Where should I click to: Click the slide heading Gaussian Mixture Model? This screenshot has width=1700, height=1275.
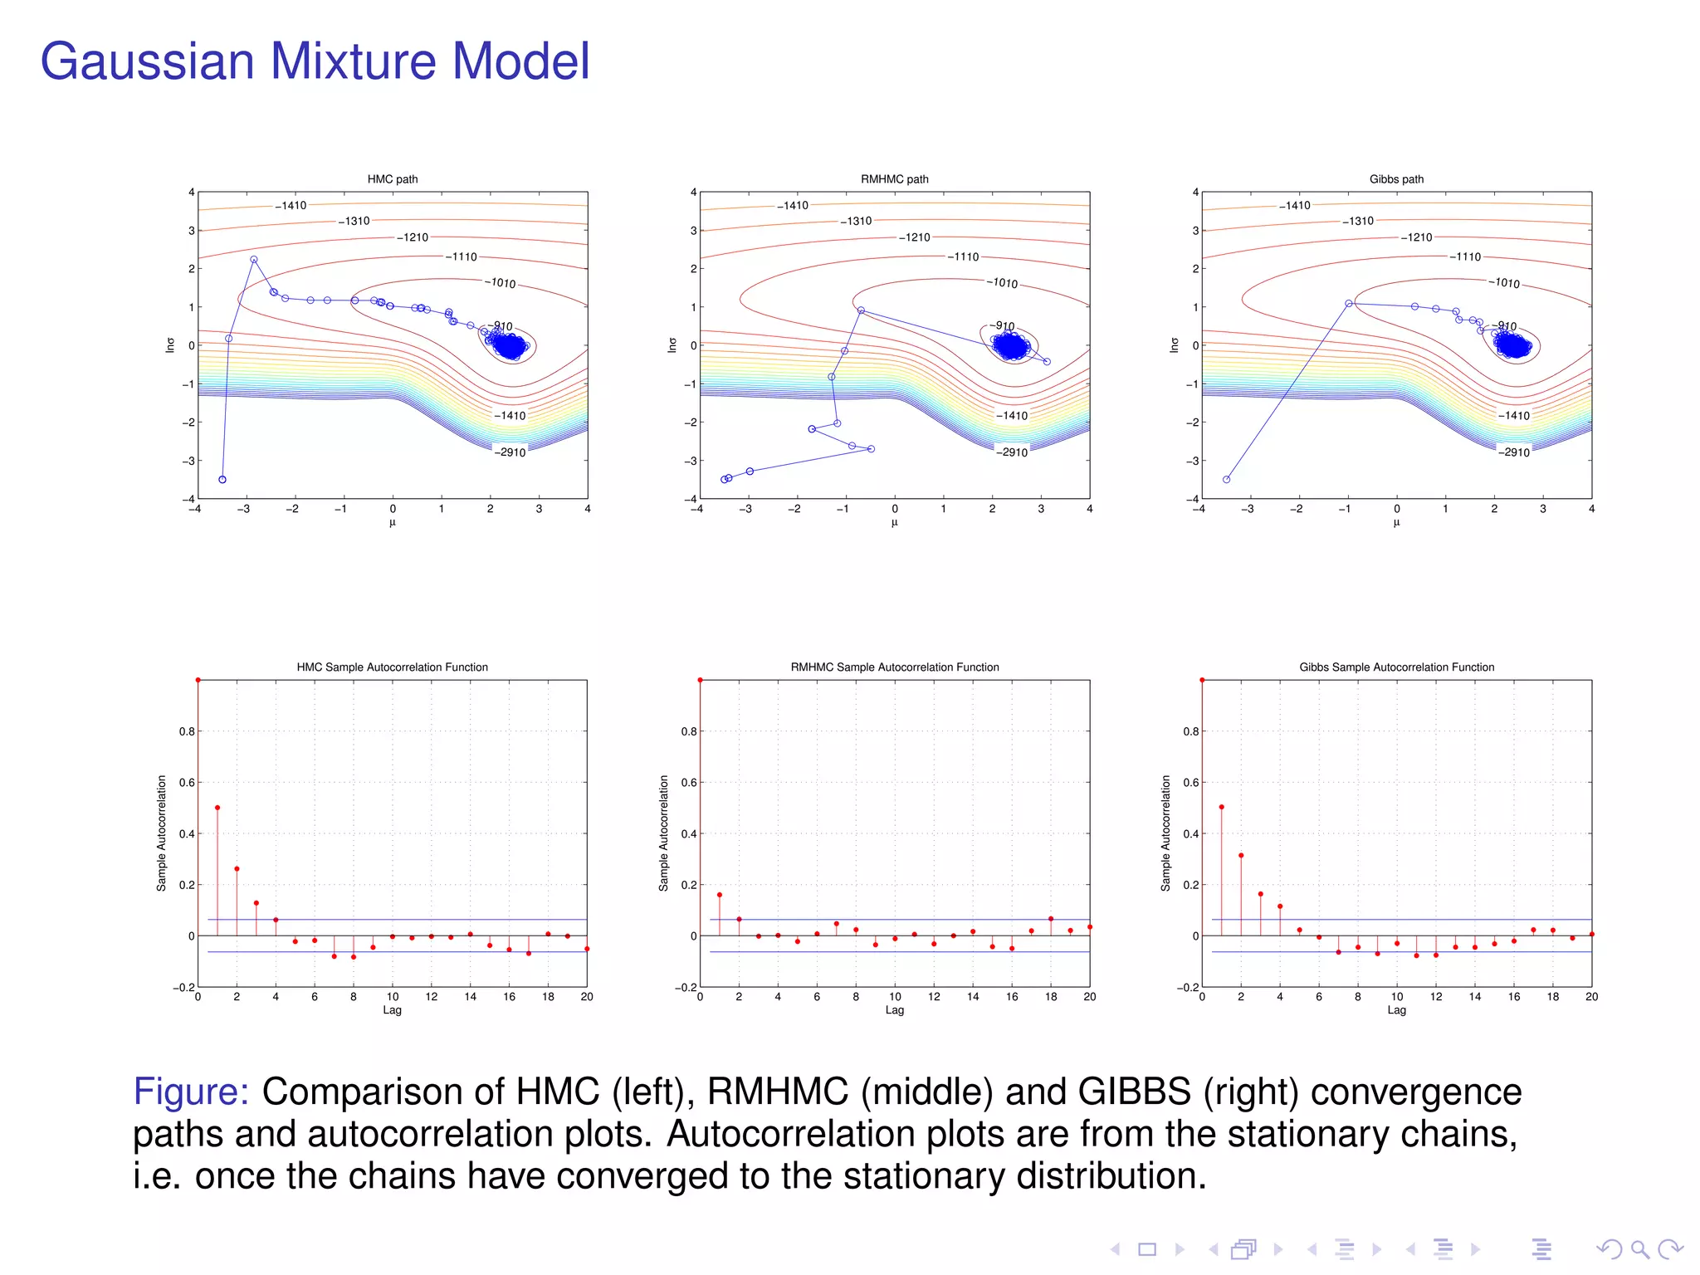(315, 61)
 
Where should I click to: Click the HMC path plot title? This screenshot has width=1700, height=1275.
(393, 179)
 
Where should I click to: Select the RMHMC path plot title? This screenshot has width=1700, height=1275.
(894, 179)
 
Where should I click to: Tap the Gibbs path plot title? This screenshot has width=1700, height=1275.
(1396, 179)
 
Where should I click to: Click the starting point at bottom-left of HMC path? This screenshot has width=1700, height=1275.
(222, 480)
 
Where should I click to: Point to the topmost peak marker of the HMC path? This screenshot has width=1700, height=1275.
(254, 260)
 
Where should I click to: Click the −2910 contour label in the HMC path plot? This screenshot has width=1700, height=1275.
(510, 452)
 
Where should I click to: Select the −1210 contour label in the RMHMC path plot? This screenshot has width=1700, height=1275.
(915, 237)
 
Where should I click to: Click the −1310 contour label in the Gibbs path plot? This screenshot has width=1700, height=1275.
(1358, 222)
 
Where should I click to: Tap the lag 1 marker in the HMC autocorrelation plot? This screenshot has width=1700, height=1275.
(217, 808)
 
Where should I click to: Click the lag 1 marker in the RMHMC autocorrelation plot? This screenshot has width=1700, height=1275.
(720, 895)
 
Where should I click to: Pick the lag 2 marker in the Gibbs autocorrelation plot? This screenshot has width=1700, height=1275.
(1241, 856)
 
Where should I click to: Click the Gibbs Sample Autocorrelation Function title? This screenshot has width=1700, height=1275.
(1396, 667)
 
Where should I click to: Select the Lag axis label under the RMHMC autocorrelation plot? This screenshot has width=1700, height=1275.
(894, 1010)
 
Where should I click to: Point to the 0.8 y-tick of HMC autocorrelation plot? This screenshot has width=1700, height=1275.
(187, 731)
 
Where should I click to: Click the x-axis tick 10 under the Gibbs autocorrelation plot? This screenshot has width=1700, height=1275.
(1397, 997)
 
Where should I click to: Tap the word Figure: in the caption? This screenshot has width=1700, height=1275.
(191, 1092)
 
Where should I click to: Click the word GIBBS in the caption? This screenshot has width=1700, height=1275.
(1134, 1092)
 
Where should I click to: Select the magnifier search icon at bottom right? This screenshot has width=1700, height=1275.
(1639, 1249)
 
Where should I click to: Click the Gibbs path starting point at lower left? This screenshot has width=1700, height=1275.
(1226, 480)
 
